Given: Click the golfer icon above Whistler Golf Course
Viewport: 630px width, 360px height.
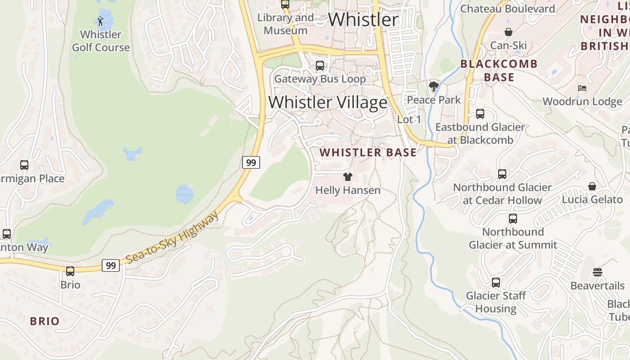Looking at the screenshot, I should [x=100, y=21].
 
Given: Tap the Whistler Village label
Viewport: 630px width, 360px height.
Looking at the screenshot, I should [x=328, y=103].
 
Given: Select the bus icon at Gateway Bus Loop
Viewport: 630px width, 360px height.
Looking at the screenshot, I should [x=320, y=66].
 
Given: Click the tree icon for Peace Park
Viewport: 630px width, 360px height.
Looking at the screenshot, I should [x=434, y=86].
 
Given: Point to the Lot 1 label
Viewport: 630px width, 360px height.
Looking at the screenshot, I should [x=409, y=120].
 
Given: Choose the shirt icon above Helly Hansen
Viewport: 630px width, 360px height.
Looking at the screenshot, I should [x=347, y=176].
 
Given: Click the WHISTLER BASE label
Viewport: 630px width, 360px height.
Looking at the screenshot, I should [x=368, y=153].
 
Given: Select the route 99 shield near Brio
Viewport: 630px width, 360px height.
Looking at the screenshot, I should [x=111, y=265].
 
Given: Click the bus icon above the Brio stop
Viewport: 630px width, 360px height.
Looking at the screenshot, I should [x=70, y=271].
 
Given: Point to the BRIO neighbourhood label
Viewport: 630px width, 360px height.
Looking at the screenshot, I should [x=45, y=321].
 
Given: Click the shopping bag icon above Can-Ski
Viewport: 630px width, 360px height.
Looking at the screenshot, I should [x=508, y=32].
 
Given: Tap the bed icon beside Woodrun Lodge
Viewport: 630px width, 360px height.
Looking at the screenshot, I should [x=582, y=88].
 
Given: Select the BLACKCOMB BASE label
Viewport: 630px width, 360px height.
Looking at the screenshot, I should [x=499, y=71].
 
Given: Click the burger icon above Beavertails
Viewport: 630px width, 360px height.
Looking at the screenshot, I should [x=597, y=272].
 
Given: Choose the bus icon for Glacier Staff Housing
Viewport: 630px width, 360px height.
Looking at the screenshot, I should [x=495, y=283].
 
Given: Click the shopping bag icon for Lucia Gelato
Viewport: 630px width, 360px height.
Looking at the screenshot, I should [x=592, y=186].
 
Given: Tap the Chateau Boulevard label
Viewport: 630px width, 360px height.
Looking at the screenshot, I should [x=508, y=9].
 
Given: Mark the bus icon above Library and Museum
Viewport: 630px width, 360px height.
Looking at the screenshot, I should [x=285, y=4].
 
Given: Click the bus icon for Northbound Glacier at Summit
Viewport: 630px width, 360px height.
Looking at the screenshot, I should [x=513, y=219].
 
